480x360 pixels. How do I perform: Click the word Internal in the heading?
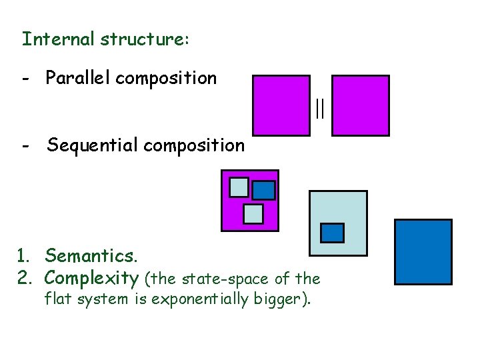pos(59,39)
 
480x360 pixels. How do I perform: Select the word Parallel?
pos(78,78)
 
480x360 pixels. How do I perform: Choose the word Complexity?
pos(91,277)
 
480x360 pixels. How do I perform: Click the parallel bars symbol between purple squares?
pos(321,108)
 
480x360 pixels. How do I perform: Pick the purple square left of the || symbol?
pos(281,105)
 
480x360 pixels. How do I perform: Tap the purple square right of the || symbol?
pos(360,105)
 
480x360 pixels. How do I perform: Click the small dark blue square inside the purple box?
pos(263,191)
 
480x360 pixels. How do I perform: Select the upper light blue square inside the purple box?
pos(239,187)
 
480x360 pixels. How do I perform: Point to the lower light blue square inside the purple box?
pos(253,213)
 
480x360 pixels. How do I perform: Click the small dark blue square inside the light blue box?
pos(333,233)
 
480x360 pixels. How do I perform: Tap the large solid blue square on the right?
pos(423,252)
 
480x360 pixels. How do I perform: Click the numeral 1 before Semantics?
pos(23,255)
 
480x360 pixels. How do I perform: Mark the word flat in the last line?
pos(57,299)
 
